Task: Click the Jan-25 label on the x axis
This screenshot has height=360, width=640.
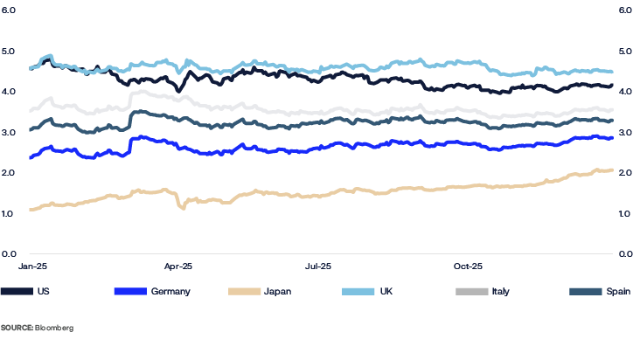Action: click(33, 264)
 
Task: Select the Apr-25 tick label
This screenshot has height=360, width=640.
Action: click(178, 264)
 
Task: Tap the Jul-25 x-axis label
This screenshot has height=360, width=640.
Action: click(318, 264)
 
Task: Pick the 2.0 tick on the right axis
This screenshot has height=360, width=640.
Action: click(625, 173)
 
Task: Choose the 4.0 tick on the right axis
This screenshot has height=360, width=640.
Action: click(625, 92)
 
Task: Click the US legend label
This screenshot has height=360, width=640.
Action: click(43, 291)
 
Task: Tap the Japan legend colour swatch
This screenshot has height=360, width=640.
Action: click(244, 291)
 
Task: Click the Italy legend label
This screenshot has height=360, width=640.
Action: click(500, 291)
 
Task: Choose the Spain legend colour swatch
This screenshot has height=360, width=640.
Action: click(585, 291)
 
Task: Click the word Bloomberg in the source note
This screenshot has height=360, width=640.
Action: click(54, 328)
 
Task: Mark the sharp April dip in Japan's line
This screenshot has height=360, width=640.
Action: click(183, 207)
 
